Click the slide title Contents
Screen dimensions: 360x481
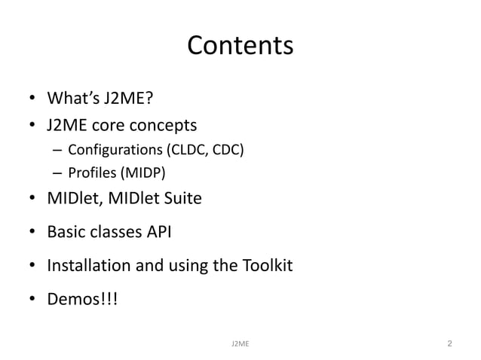click(x=240, y=47)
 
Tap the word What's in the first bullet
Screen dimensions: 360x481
click(x=72, y=99)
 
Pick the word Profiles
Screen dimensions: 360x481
click(x=89, y=174)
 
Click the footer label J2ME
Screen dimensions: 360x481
click(x=240, y=344)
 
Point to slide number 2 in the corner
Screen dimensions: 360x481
click(x=449, y=344)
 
